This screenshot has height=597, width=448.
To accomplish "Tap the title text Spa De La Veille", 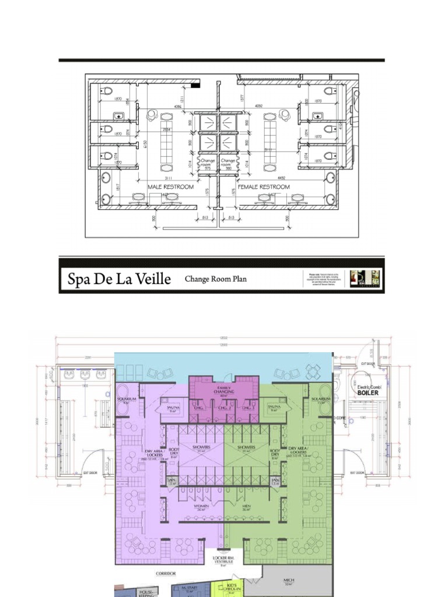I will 120,279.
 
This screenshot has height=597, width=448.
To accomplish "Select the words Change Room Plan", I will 215,279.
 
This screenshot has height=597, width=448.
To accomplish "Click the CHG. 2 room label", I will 224,408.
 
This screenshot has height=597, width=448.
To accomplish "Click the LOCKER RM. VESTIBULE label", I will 223,560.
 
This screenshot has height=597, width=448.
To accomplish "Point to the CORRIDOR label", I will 166,574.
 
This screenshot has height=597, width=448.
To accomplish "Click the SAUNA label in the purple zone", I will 173,408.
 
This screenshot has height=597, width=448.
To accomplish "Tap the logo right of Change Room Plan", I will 366,278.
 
